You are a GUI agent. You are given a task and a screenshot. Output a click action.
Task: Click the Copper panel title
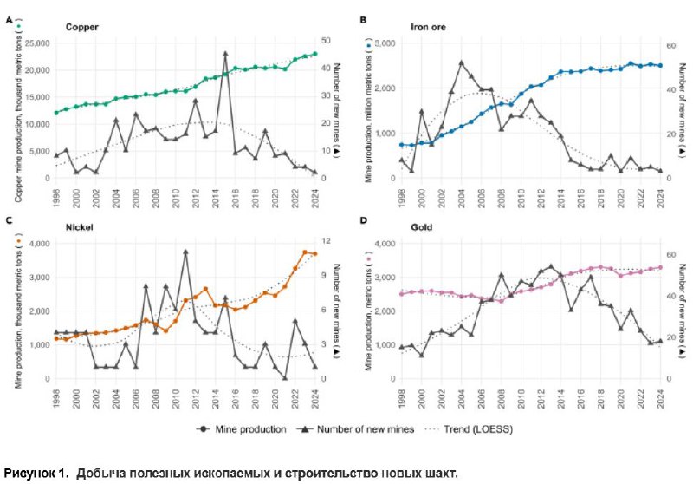[81, 27]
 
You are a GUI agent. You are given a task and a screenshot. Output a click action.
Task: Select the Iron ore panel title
[428, 27]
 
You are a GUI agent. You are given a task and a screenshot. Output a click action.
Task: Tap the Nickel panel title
[79, 227]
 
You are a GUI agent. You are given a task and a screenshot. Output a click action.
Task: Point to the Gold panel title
[422, 227]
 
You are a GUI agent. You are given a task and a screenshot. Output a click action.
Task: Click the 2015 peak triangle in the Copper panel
[225, 54]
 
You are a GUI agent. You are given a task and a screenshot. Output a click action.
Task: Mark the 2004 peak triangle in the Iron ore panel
[462, 62]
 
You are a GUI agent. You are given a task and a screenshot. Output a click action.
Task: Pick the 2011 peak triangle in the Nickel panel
[185, 252]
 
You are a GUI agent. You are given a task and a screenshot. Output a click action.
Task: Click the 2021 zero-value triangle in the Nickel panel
[285, 377]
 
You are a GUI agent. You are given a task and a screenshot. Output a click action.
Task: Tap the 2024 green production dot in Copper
[315, 54]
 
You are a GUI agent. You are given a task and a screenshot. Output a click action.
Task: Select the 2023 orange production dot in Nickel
[305, 252]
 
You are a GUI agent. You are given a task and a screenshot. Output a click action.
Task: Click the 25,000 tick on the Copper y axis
[37, 43]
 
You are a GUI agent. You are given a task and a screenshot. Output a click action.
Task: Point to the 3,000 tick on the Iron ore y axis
[385, 43]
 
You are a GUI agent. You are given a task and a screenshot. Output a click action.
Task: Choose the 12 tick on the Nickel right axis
[327, 240]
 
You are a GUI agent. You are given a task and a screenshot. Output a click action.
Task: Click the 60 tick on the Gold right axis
[670, 254]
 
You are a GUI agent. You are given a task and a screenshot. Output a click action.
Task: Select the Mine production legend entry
[242, 429]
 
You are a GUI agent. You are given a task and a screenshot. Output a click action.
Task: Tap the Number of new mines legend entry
[355, 429]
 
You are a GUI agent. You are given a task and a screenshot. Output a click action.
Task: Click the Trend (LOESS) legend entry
[469, 429]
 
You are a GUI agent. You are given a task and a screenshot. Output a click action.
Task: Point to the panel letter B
[363, 20]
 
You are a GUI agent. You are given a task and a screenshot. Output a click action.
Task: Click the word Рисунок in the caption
[29, 474]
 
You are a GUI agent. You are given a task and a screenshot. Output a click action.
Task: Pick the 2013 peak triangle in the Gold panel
[551, 266]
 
